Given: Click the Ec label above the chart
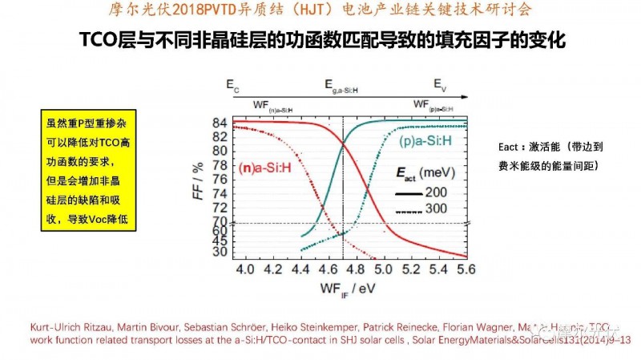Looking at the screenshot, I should click(232, 83).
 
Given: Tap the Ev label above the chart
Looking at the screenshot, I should click(440, 83).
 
